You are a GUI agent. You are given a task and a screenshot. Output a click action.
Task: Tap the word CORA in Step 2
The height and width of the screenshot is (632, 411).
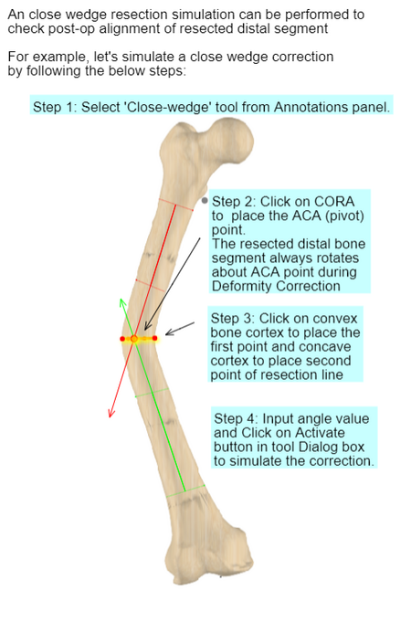[x=334, y=202]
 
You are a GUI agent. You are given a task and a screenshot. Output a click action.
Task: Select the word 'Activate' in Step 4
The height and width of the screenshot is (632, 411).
[x=320, y=433]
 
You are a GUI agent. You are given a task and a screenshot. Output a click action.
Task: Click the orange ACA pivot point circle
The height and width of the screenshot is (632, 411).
[x=134, y=339]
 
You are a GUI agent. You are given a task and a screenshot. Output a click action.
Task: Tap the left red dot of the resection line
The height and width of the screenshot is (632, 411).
[x=122, y=339]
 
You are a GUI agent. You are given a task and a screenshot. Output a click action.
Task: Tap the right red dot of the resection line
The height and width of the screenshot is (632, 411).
[x=154, y=339]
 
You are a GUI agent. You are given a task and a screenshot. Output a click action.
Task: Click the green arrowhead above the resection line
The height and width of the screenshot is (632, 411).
[x=122, y=303]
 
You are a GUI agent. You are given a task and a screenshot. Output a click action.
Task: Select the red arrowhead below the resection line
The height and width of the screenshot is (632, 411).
[x=111, y=413]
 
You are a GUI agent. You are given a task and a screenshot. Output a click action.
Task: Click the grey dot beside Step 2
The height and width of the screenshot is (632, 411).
[x=205, y=200]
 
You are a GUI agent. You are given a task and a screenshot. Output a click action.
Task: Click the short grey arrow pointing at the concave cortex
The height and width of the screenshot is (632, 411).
[x=180, y=329]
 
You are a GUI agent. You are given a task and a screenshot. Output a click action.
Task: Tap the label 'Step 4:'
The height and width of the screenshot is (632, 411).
[x=237, y=419]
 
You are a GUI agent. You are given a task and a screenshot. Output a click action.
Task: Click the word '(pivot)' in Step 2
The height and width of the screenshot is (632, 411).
[x=345, y=216]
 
